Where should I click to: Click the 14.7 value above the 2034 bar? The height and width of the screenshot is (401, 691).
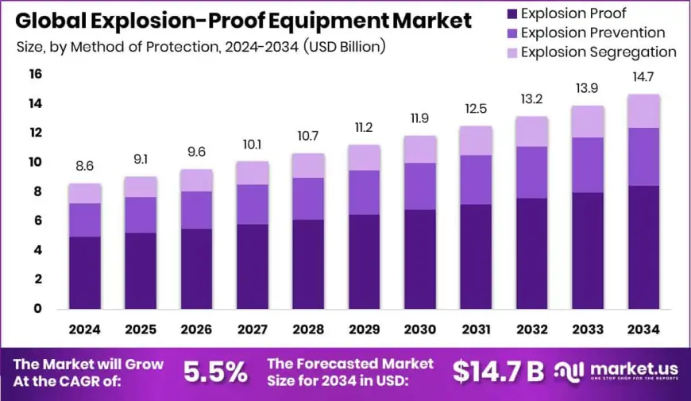pos(644,79)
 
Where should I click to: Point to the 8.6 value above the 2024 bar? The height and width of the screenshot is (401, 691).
pos(84,168)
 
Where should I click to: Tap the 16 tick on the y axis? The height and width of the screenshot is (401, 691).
pos(36,75)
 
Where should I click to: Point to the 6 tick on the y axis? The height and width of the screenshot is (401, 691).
pos(36,221)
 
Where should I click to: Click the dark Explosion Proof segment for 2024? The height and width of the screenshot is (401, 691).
pos(84,272)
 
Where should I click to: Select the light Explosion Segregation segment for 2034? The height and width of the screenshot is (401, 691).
pos(644,111)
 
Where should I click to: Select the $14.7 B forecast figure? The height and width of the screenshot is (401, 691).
pos(498,372)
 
